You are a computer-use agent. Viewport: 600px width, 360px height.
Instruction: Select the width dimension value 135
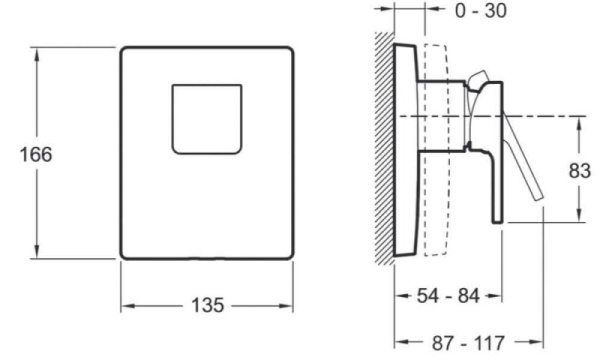point(207,304)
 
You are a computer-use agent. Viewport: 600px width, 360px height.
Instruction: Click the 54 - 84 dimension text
point(446,297)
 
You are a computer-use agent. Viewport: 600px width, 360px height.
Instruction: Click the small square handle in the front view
point(206,118)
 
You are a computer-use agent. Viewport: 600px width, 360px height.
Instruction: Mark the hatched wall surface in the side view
point(386,150)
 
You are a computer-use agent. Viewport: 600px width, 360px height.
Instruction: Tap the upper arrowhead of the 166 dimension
point(38,51)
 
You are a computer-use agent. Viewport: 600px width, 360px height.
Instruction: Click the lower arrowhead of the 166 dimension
point(38,255)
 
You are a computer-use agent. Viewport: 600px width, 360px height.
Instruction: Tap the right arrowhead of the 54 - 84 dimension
point(497,297)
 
